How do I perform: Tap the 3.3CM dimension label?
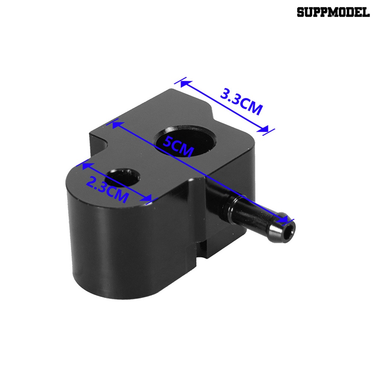click(242, 101)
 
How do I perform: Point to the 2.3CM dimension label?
click(107, 188)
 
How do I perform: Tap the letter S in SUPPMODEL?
click(301, 12)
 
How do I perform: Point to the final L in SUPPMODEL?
click(366, 12)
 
